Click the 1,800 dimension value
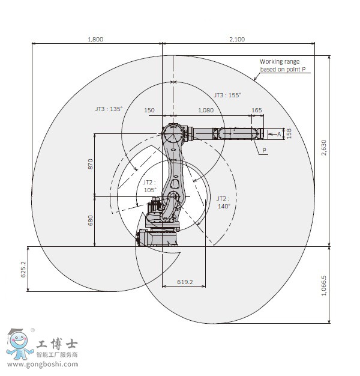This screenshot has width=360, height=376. tap(95, 39)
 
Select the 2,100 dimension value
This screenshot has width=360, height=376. tap(237, 39)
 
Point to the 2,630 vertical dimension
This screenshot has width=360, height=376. tap(324, 148)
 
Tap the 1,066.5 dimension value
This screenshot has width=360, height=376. tap(324, 285)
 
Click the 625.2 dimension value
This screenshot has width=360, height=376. tap(23, 269)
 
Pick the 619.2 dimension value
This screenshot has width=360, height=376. tap(185, 282)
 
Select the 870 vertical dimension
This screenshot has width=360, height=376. tap(90, 164)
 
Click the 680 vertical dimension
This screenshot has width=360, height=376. tap(90, 220)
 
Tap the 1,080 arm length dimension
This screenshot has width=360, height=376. tap(206, 110)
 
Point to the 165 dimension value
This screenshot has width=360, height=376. tap(257, 110)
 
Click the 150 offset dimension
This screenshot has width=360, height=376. tap(149, 110)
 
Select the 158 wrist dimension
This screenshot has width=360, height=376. tap(289, 133)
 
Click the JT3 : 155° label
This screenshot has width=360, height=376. tap(227, 95)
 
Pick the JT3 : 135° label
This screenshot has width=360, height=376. tap(109, 109)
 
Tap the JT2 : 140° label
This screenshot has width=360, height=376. tap(223, 202)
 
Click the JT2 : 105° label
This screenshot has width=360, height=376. tap(150, 186)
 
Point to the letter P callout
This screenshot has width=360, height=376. tap(265, 150)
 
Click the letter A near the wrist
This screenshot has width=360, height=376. tap(279, 135)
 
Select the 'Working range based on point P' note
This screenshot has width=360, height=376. tap(283, 65)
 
